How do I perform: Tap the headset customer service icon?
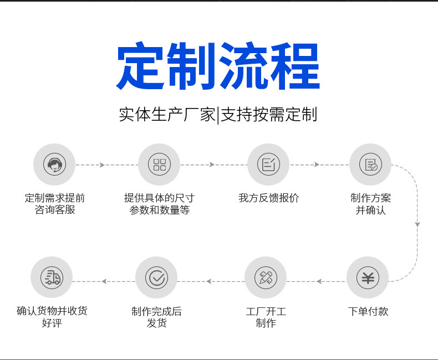(x=54, y=164)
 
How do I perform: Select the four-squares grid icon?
(x=160, y=164)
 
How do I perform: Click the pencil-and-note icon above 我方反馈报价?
(x=268, y=164)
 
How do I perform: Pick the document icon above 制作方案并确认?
(x=370, y=164)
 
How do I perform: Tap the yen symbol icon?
(x=368, y=277)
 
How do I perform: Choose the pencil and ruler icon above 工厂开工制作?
(x=266, y=277)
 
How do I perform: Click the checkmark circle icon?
(x=156, y=277)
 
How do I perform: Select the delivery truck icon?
(x=52, y=277)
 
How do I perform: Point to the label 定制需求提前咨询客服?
(x=55, y=204)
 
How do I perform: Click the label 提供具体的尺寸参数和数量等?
(x=160, y=204)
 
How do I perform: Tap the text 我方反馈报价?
(x=268, y=198)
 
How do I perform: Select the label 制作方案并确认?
(x=370, y=204)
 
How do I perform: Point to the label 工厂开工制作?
(x=266, y=317)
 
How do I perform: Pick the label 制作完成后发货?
(x=156, y=317)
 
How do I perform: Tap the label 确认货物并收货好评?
(x=52, y=317)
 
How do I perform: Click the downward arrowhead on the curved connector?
(x=417, y=224)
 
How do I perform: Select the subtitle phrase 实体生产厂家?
(x=167, y=115)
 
